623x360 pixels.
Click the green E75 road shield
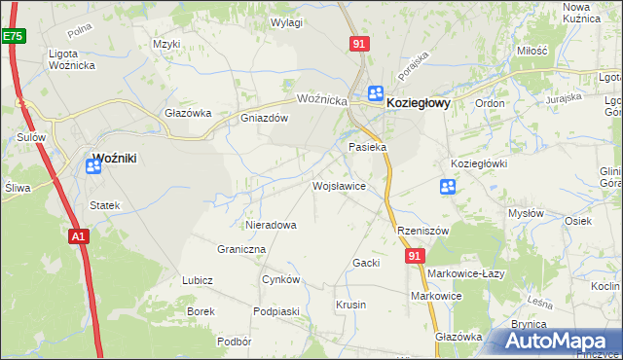12,36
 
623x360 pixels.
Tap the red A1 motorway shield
79,235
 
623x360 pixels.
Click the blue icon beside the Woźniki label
93,166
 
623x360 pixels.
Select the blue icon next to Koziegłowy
375,93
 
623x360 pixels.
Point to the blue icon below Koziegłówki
448,186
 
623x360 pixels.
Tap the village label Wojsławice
339,185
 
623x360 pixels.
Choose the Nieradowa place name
271,225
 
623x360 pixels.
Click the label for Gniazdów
265,119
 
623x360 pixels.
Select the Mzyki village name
167,44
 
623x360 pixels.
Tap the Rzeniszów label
422,231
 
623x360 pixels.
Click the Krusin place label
350,305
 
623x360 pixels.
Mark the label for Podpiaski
274,310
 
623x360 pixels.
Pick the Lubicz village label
197,280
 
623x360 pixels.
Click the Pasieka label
368,147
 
